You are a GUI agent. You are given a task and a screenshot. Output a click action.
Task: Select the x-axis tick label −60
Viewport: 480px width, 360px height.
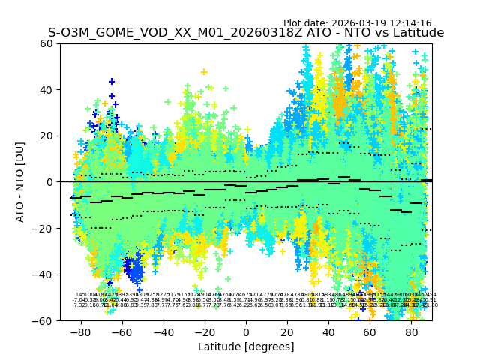pos(121,331)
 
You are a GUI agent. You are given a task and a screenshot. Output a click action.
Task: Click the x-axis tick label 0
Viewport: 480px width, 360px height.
pos(246,331)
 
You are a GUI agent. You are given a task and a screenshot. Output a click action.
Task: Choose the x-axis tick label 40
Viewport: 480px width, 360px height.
pos(328,331)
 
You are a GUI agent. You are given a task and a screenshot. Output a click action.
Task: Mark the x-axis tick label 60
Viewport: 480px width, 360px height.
pos(370,331)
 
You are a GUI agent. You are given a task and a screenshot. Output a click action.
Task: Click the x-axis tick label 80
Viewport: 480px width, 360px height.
pos(412,331)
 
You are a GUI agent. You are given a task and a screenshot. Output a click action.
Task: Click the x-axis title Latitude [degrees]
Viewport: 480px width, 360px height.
pos(246,346)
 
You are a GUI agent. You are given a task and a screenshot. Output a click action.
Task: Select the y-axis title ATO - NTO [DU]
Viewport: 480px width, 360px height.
pos(21,182)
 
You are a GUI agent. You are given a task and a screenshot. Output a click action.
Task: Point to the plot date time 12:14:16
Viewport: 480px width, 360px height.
pos(409,23)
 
